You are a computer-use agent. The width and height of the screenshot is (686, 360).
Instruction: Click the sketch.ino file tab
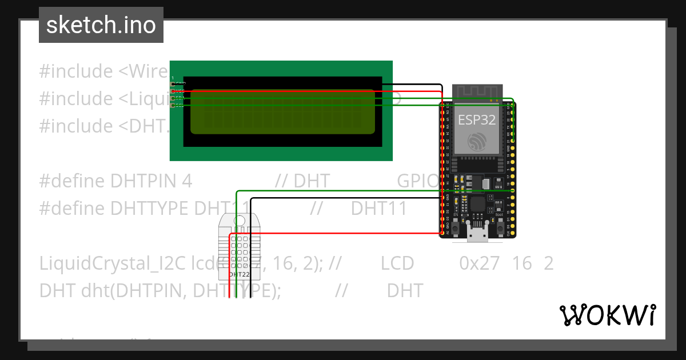coord(101,25)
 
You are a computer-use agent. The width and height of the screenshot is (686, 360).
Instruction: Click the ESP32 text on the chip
coord(476,119)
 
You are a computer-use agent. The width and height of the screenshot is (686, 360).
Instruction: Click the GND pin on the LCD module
coord(173,84)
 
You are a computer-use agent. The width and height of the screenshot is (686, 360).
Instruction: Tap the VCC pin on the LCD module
coord(173,91)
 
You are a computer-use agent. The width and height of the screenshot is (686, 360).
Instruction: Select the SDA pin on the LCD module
coord(173,98)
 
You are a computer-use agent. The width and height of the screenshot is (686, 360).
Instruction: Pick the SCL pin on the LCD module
coord(173,105)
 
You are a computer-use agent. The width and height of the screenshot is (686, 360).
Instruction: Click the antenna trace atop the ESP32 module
coord(477,92)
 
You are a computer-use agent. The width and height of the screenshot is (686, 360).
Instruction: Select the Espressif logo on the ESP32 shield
coord(476,142)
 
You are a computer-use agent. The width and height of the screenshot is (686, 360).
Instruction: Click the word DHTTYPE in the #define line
coord(150,209)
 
